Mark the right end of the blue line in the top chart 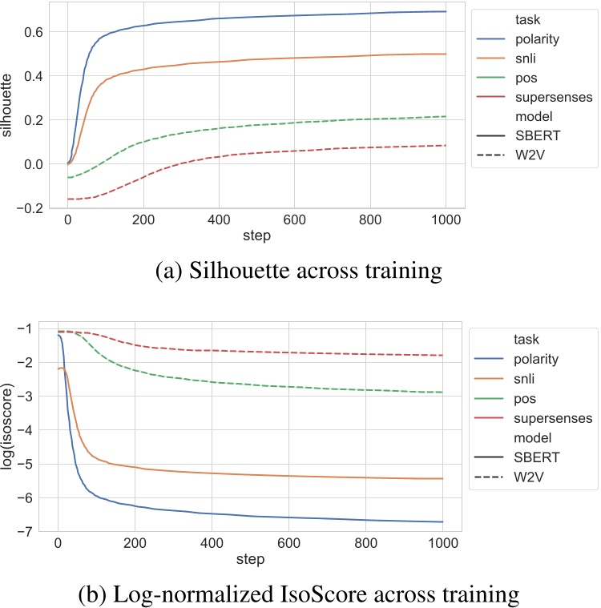tap(446, 11)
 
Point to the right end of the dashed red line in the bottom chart tap(442, 355)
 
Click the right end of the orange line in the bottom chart tap(442, 478)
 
